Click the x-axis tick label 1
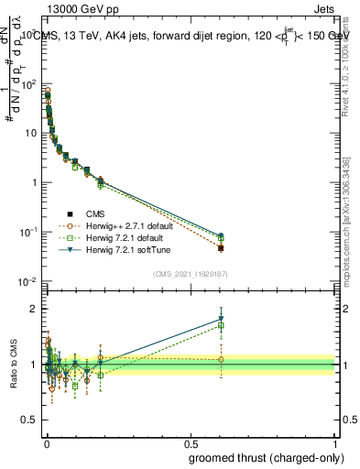coord(336,443)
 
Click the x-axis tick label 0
coord(47,443)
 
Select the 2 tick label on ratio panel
coord(32,309)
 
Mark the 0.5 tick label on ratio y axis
coord(28,421)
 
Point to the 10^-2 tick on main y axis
coord(27,281)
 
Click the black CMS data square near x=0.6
coord(221,247)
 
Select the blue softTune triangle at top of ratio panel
coord(221,319)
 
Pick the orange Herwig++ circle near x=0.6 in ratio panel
coord(221,359)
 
